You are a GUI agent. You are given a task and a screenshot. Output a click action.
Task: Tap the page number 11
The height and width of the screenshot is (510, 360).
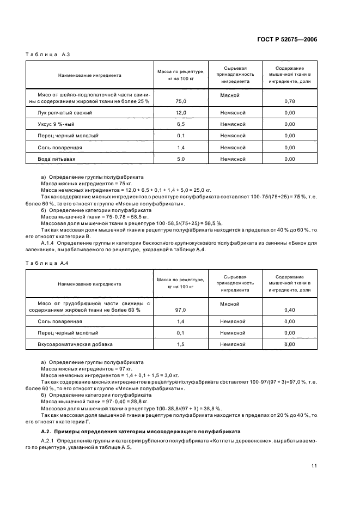point(314,465)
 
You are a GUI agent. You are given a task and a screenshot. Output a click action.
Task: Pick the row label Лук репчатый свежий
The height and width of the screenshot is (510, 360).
point(65,113)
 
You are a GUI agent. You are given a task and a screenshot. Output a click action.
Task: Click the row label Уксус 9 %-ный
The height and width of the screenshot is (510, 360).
point(56,124)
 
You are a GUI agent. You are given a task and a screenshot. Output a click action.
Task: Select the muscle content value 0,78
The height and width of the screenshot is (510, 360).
point(290,101)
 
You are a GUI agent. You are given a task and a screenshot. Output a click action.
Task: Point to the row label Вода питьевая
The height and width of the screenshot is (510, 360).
point(57,159)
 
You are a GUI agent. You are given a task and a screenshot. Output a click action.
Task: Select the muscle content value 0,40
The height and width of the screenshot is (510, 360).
point(290,310)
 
